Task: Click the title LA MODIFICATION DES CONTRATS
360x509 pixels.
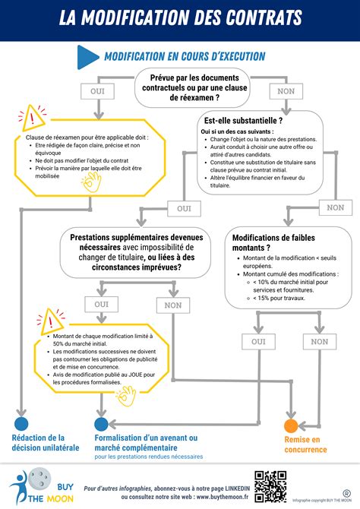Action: tap(180, 17)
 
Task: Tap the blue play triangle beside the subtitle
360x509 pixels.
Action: tap(90, 56)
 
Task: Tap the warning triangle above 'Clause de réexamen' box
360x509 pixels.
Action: tap(33, 117)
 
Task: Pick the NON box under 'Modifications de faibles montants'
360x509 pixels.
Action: tap(315, 342)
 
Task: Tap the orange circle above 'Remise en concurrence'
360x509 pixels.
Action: tap(291, 425)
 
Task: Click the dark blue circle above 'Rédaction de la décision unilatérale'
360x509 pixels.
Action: tap(21, 424)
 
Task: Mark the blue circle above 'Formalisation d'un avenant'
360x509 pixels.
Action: tap(101, 424)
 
